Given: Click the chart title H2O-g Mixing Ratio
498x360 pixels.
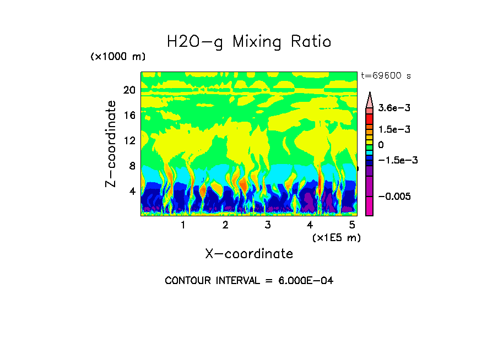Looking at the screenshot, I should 249,42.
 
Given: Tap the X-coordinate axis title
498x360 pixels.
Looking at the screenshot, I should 249,254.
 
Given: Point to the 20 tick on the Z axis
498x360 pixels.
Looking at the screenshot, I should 129,90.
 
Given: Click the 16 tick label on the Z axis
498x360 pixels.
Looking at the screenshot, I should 129,116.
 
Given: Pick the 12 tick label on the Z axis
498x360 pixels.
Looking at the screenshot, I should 129,141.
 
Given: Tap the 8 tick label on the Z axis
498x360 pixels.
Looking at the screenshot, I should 132,166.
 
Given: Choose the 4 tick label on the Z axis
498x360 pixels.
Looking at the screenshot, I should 132,192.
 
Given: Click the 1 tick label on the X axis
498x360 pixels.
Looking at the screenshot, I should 183,225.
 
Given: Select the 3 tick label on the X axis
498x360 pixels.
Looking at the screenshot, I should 268,225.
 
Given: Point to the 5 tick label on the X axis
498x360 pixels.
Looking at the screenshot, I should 353,225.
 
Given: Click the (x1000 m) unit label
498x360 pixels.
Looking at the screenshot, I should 118,57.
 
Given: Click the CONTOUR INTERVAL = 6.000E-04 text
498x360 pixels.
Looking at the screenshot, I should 249,281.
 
